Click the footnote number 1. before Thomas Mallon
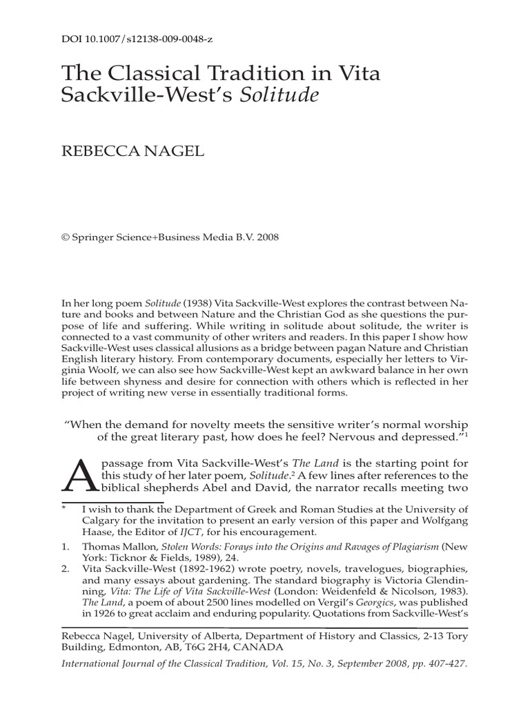tap(66, 546)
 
